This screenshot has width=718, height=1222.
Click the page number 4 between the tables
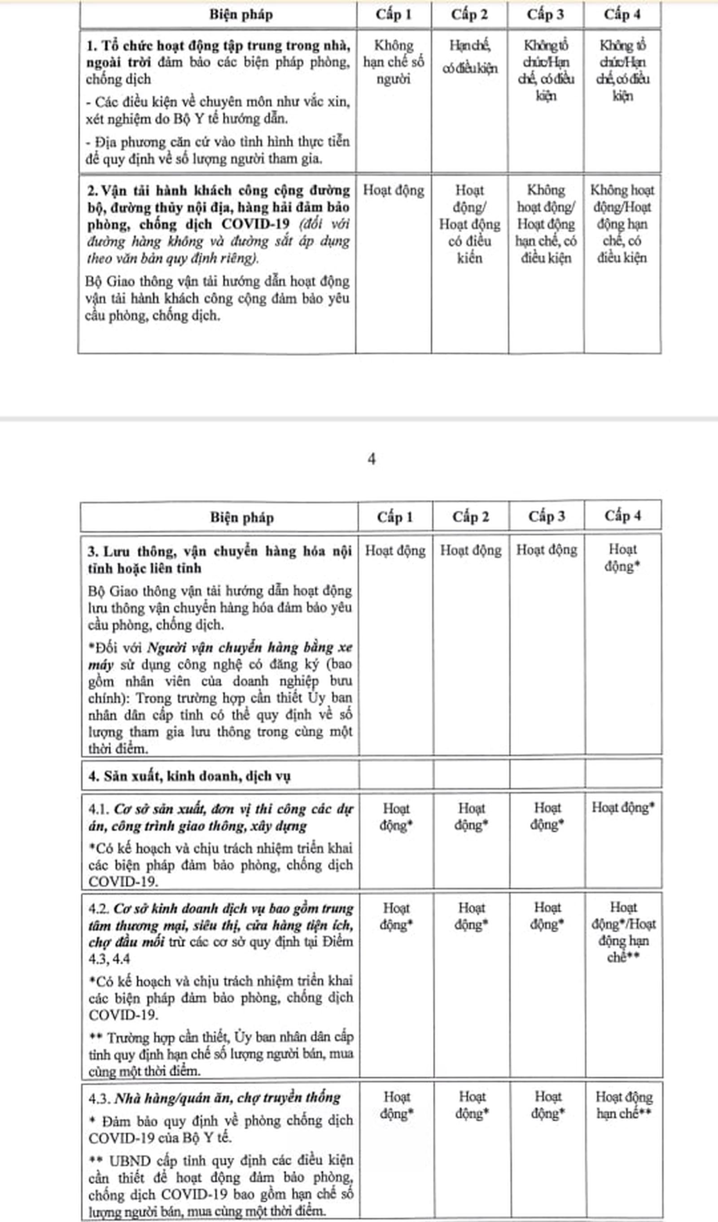[372, 459]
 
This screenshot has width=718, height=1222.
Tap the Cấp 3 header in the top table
[546, 14]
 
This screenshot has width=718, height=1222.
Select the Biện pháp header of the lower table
[242, 518]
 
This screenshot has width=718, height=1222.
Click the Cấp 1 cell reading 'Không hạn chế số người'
[394, 62]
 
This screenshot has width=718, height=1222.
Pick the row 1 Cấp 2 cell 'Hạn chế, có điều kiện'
[469, 57]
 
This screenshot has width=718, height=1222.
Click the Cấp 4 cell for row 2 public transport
[622, 224]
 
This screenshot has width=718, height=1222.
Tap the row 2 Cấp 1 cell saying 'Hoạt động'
[394, 190]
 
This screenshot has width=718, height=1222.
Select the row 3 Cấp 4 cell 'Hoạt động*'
[622, 558]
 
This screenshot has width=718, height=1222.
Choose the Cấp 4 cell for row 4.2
[623, 932]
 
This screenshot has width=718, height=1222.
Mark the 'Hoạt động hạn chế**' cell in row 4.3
[623, 1105]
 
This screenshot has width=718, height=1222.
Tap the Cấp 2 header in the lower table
[470, 517]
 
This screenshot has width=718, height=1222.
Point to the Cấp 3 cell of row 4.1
[547, 816]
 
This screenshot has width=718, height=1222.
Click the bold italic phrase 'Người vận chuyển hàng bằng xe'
[250, 647]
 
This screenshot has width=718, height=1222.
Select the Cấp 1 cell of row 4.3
[396, 1105]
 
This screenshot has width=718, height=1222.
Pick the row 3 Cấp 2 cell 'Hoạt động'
[470, 550]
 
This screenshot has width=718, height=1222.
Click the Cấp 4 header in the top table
[622, 14]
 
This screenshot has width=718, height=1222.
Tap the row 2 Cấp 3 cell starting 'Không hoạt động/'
[546, 224]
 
